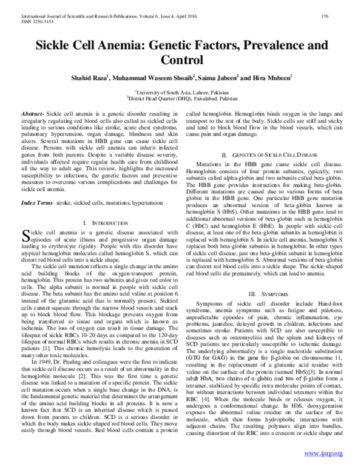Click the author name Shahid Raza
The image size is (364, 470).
pos(87,78)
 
